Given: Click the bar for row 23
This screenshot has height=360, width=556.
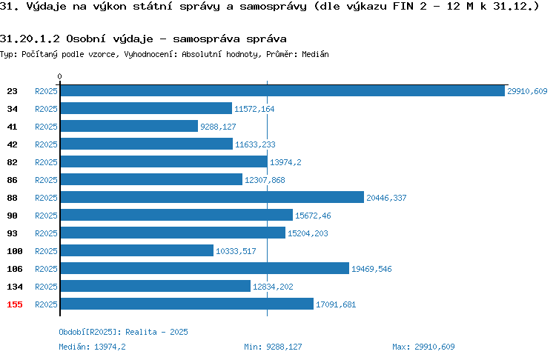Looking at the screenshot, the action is coord(282,90).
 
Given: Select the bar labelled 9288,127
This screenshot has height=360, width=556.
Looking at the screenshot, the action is coord(129,126).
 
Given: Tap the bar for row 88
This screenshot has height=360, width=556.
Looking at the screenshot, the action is coord(212,197).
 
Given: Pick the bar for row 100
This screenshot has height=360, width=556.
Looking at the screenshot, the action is coord(137,250).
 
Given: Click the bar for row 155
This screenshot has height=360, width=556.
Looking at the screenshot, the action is coord(187,304).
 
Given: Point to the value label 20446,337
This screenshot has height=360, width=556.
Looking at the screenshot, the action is coord(386,198).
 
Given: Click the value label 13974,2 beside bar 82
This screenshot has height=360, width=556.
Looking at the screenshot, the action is coord(285,162).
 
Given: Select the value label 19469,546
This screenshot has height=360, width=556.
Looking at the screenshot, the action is coord(371,269).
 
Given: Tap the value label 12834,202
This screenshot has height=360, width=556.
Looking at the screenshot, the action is coord(273,287).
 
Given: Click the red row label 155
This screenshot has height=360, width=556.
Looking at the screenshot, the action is coord(15,304).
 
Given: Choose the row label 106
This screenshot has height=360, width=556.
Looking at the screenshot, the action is coord(15,269).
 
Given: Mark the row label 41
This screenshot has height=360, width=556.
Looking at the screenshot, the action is coord(12,127).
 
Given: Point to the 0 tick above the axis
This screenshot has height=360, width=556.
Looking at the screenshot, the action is coord(59,76).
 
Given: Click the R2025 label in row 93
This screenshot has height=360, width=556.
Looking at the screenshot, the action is coord(46,233).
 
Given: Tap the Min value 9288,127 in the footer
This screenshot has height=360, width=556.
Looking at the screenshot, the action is coord(284,347).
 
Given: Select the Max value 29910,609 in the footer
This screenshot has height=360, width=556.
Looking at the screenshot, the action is coord(434,347).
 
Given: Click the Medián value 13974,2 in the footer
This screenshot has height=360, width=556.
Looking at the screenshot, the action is coord(110,347).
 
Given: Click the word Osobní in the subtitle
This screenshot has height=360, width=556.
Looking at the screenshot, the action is coord(86,39).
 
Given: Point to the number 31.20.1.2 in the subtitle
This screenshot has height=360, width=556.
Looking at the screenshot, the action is coord(30,39).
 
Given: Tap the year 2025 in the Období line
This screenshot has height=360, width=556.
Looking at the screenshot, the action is coord(179,332).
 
